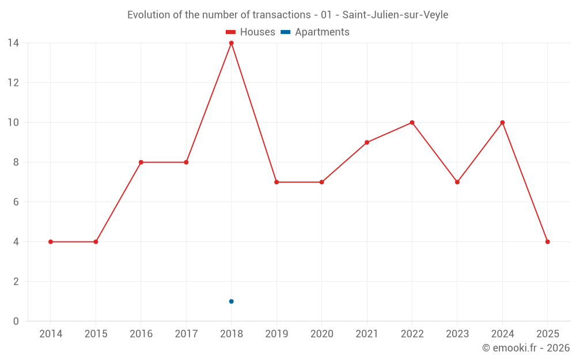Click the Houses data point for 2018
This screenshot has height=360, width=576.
coord(232,43)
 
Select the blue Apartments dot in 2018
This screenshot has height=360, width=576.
coord(232,301)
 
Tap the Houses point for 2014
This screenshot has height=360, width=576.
coord(51,242)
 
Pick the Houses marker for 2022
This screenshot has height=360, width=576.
coord(412,123)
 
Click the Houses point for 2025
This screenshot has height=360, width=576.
coord(547,242)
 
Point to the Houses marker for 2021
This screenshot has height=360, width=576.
coord(367,142)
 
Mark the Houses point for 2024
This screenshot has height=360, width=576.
coord(502,123)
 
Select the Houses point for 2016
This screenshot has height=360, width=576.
coord(141,162)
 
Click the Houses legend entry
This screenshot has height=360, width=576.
coord(251,32)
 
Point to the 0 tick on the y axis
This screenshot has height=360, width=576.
coord(16,321)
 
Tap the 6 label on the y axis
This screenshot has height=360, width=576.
coord(16,202)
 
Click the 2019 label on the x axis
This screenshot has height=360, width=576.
coord(276,334)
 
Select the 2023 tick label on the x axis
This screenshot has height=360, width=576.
coord(457,334)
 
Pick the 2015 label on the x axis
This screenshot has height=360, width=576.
coord(96,334)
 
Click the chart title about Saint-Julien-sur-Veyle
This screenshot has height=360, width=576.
coord(287,15)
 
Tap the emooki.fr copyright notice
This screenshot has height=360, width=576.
coord(525,348)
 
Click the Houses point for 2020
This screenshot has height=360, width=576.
coord(322,182)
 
